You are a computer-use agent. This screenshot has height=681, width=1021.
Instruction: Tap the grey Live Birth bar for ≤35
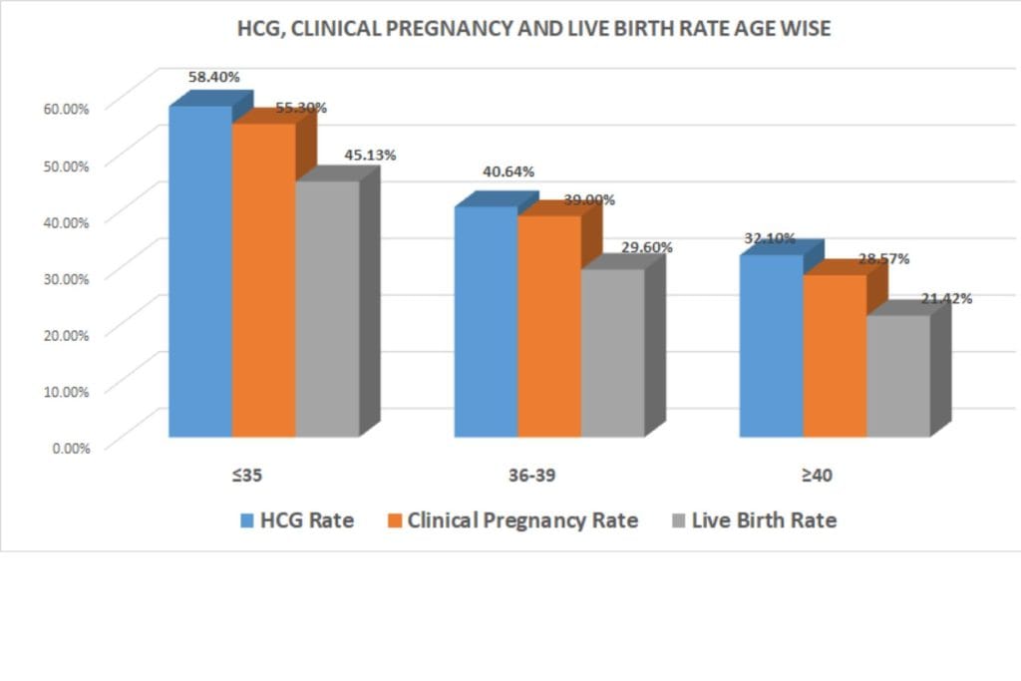coord(327,308)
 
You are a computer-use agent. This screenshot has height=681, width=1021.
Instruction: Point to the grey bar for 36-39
coord(612,353)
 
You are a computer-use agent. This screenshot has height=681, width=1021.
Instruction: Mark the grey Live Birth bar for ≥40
coord(897,376)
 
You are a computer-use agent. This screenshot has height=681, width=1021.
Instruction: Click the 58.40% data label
coord(214,76)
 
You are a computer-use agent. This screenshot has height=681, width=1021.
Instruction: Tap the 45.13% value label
coord(370,155)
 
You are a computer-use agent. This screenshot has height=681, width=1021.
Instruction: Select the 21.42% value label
coord(946,297)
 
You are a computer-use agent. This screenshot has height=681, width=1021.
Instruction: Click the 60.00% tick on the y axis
coord(66,107)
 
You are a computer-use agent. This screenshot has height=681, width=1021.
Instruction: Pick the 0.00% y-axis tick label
coord(70,447)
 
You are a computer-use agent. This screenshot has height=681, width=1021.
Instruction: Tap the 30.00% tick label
coord(66,276)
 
